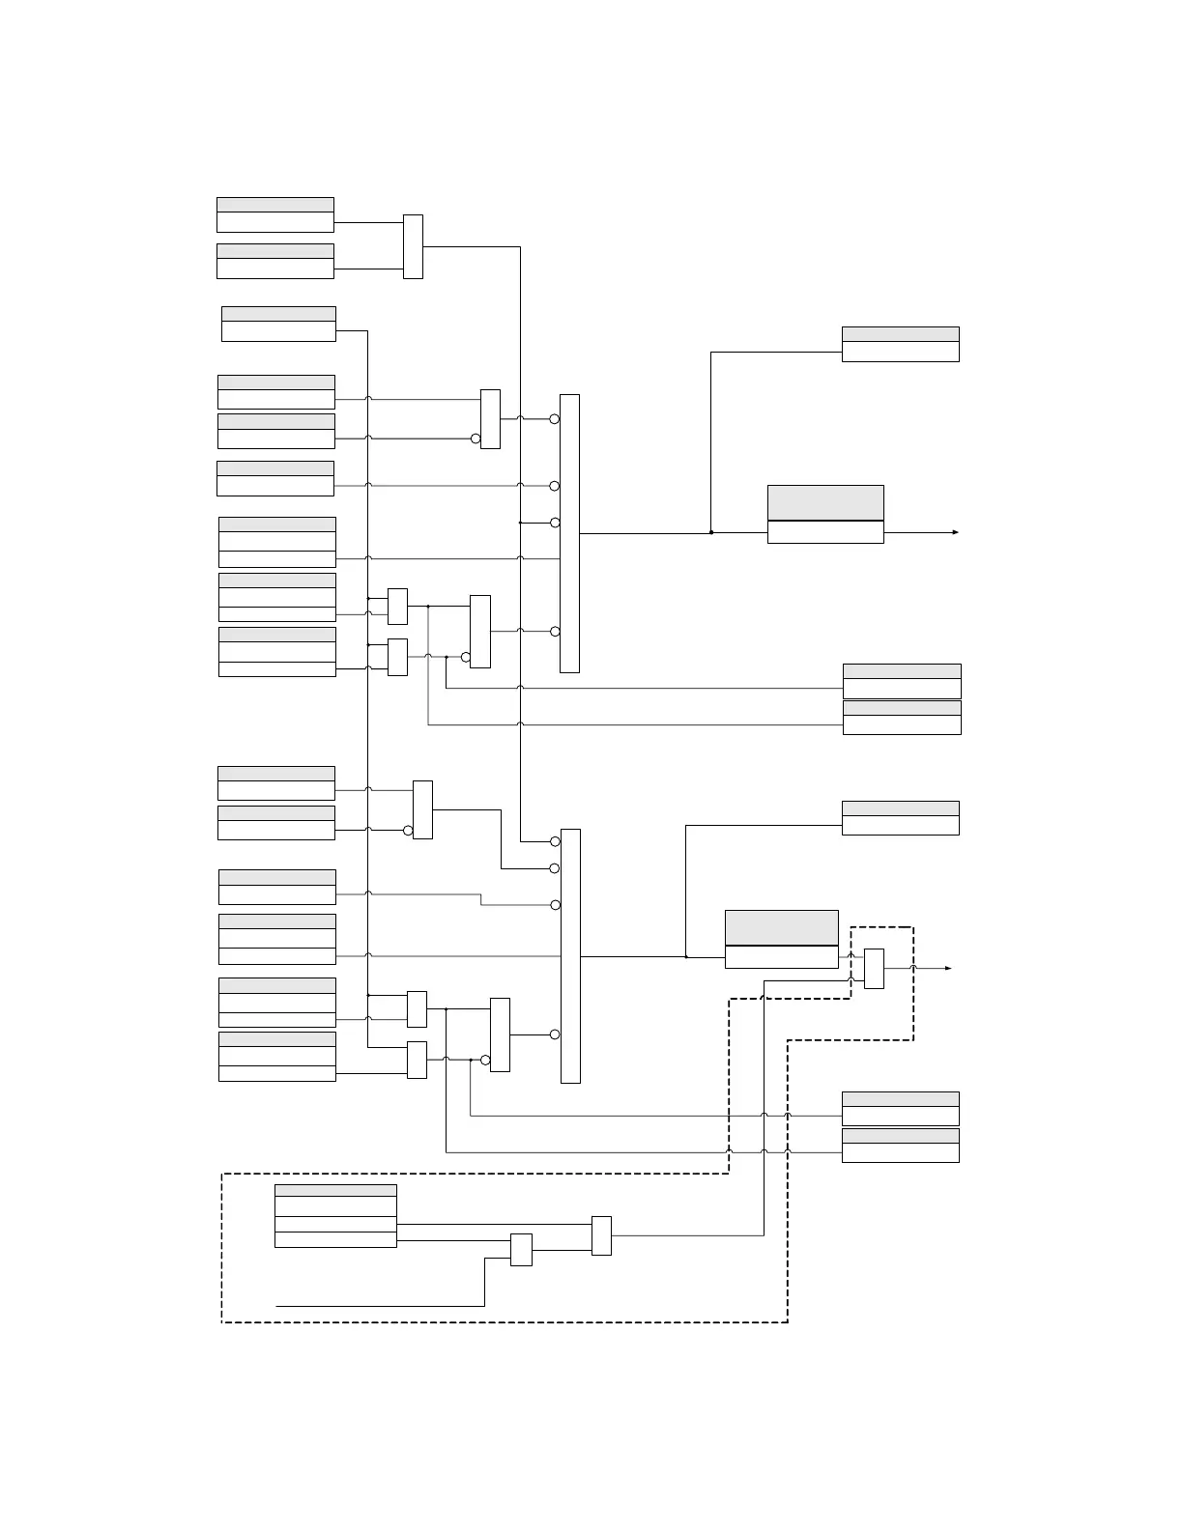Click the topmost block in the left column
coord(275,214)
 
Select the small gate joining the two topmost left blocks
coord(413,246)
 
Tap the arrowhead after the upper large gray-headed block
coord(955,532)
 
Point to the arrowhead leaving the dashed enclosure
coord(948,968)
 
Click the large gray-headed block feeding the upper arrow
coord(825,514)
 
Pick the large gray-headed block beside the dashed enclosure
coord(781,939)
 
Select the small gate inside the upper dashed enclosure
coord(874,969)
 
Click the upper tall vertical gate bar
coord(569,533)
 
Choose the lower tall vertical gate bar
coord(570,956)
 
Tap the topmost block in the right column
coord(900,344)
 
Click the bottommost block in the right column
coord(900,1146)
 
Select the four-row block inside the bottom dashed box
coord(335,1215)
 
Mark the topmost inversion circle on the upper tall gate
coord(555,419)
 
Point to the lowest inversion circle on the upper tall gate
coord(555,632)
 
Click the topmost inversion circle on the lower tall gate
coord(555,841)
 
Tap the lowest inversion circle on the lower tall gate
coord(555,1034)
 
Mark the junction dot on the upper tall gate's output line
coord(711,532)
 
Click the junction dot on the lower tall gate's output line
coord(686,956)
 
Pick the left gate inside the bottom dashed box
coord(521,1250)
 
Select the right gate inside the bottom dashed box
coord(601,1235)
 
